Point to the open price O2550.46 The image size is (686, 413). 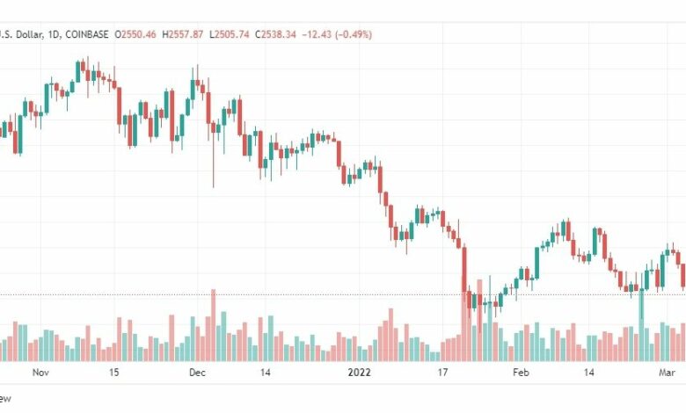coord(140,35)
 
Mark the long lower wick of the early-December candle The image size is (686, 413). coord(214,167)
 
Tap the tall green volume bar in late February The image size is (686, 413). coord(641,325)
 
